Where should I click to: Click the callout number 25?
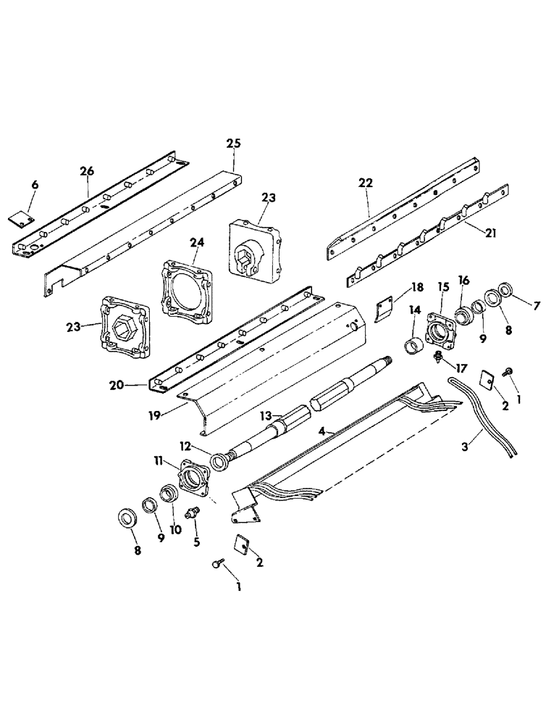pos(233,144)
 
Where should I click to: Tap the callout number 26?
pos(87,171)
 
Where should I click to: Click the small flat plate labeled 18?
pos(384,310)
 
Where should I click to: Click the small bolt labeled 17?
pos(439,357)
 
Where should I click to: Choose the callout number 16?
pos(463,280)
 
